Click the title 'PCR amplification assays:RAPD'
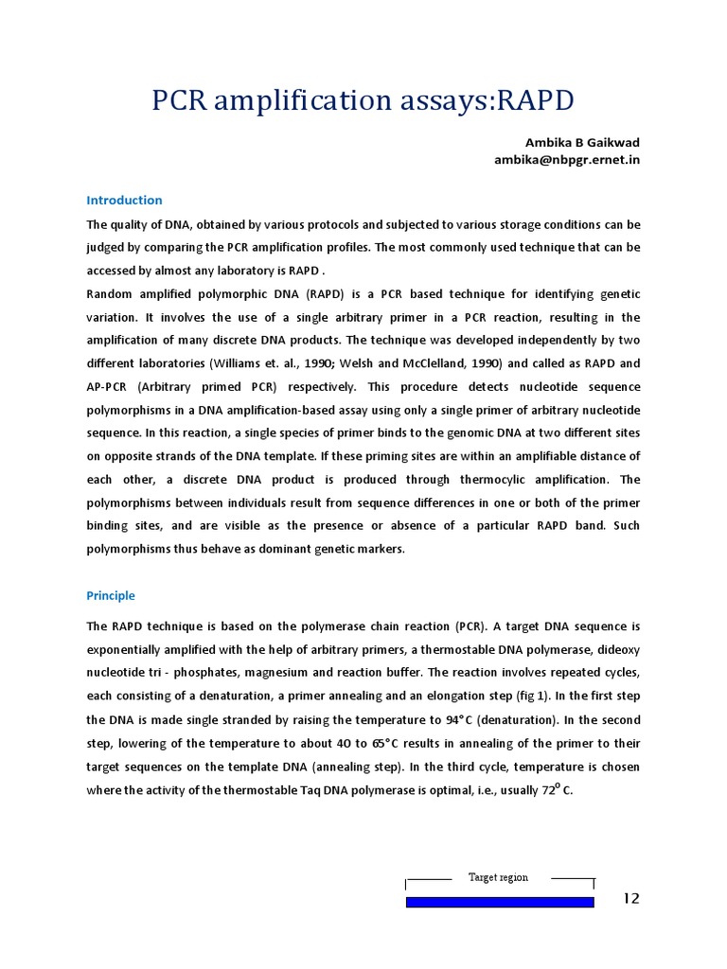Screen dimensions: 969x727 363,99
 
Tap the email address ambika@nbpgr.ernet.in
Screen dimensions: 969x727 567,160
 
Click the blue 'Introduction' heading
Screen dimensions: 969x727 124,201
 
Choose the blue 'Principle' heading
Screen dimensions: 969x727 111,596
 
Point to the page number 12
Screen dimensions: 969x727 631,899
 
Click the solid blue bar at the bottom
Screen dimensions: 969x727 500,903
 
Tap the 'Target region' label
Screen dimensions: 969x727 498,877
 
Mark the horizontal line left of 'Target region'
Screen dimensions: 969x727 429,879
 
